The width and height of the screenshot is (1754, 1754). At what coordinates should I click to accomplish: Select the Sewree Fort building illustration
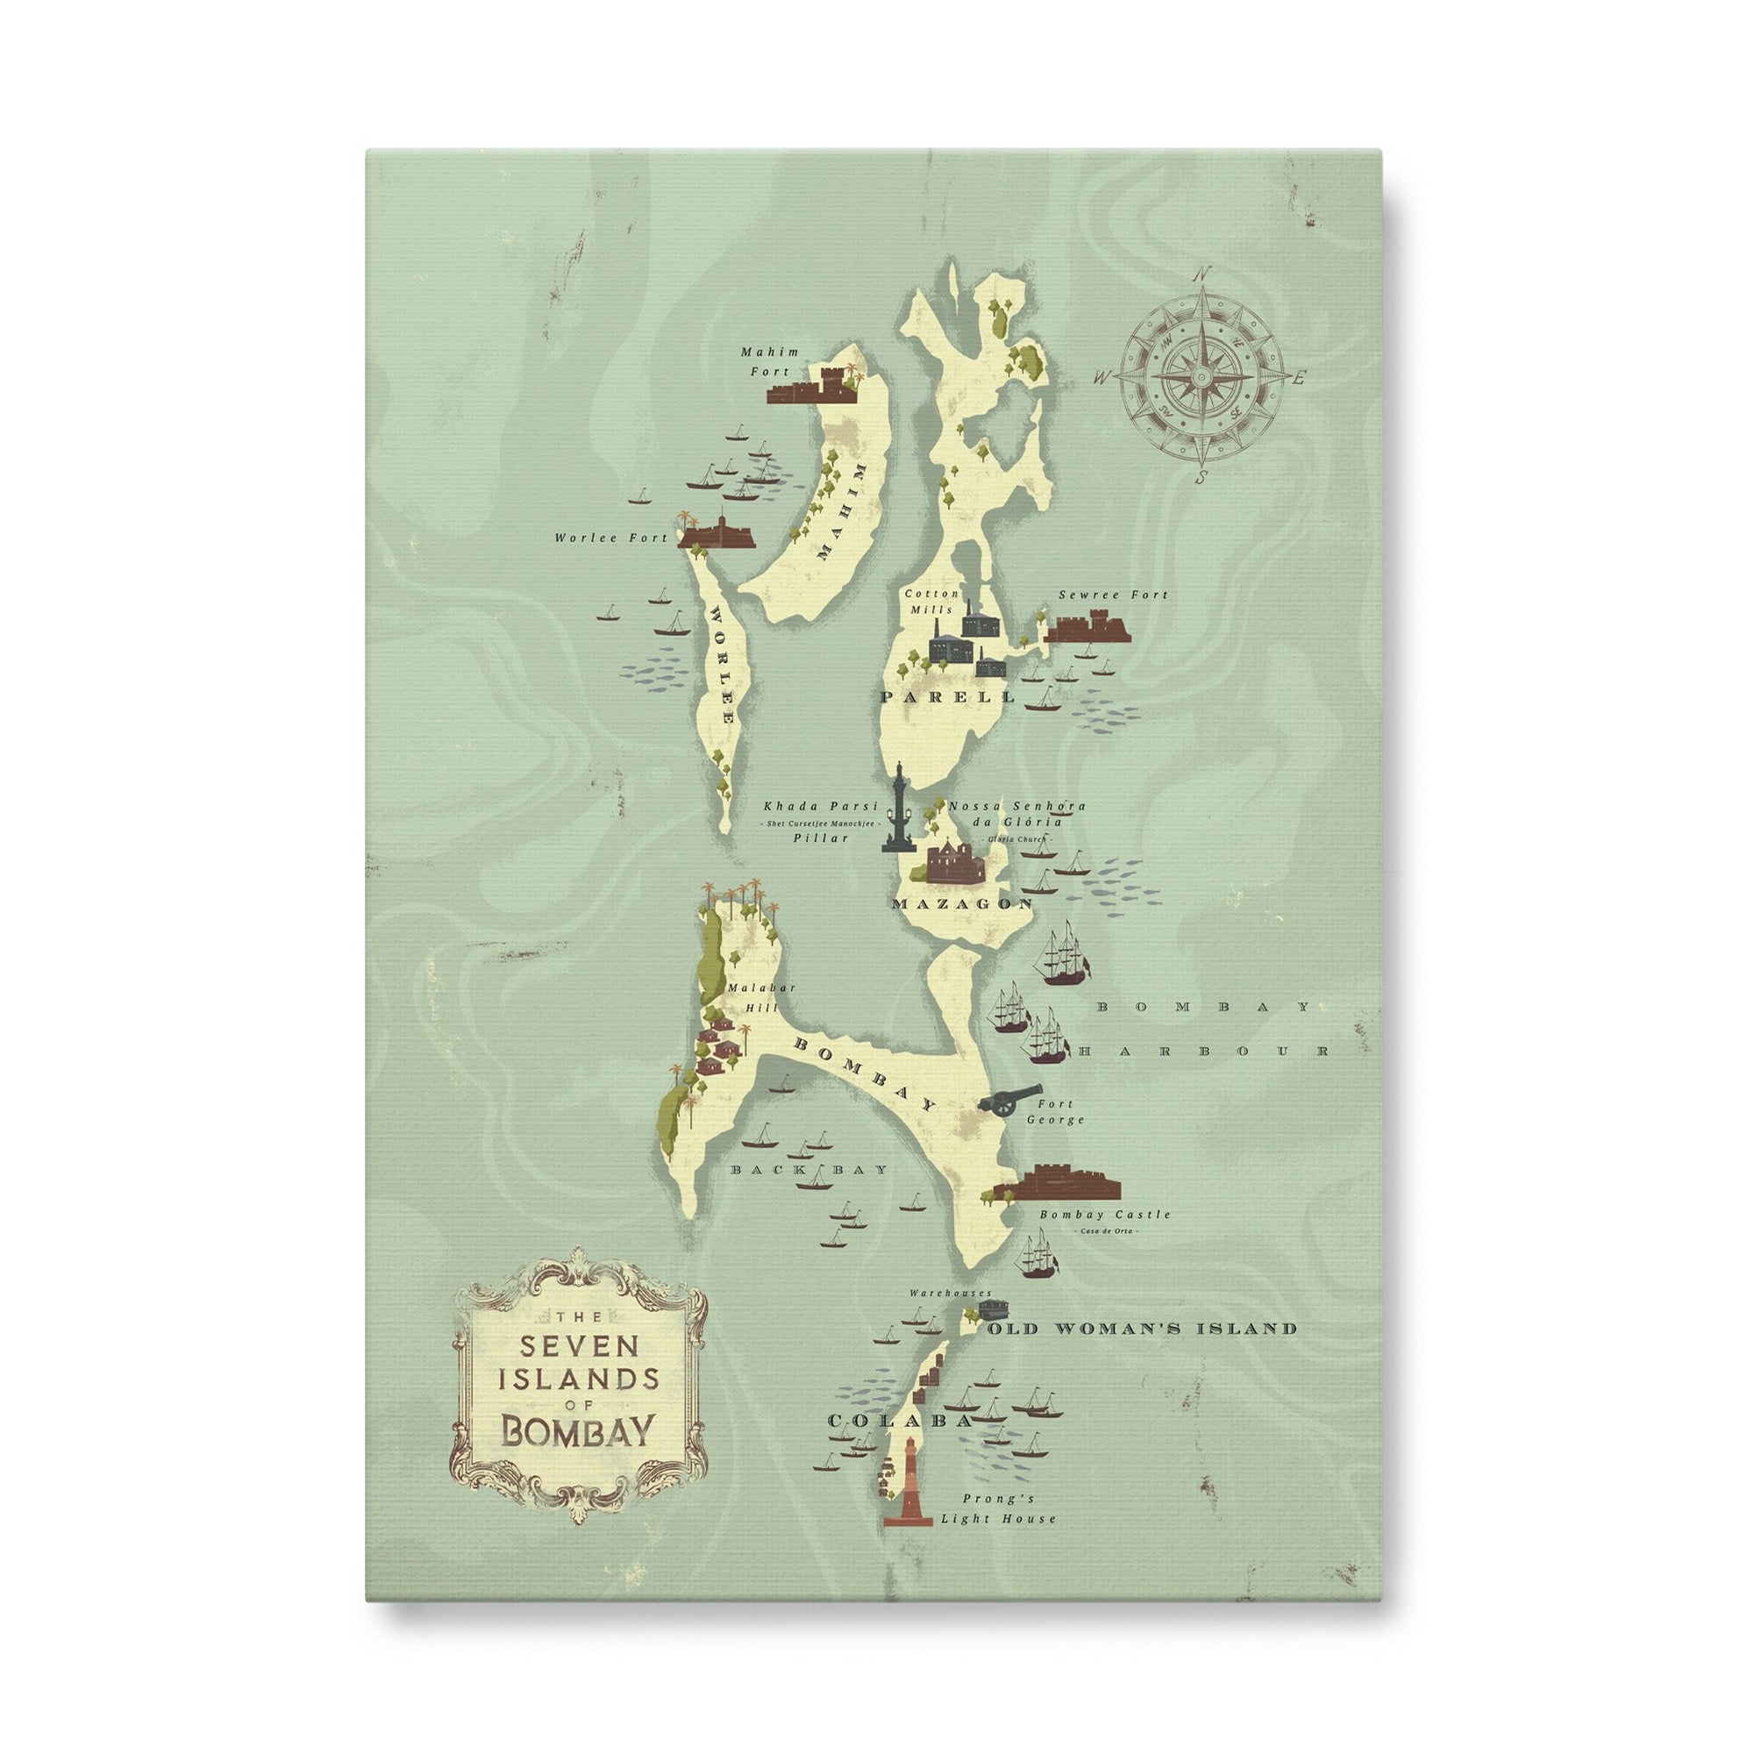[x=1087, y=628]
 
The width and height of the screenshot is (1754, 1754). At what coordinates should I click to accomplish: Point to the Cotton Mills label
[x=931, y=601]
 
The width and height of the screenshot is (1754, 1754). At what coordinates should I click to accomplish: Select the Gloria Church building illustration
[x=955, y=861]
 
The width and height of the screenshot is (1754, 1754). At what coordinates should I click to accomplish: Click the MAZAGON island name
[x=962, y=904]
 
